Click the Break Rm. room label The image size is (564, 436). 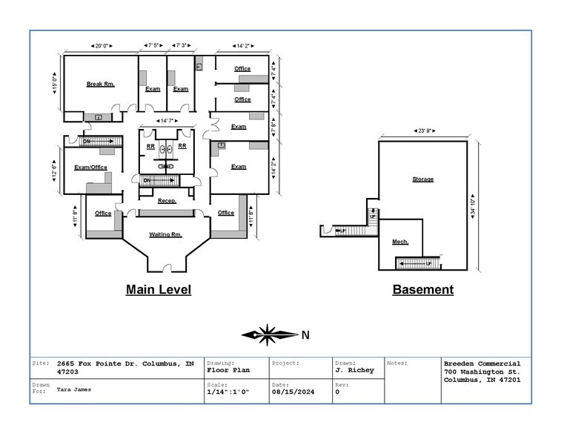[x=100, y=85]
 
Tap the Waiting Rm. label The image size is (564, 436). [x=165, y=235]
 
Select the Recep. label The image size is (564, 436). [x=166, y=201]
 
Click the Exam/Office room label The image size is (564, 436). [x=91, y=168]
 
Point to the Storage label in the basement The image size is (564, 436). [x=422, y=179]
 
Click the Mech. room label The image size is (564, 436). [x=400, y=242]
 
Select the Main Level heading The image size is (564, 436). [x=159, y=290]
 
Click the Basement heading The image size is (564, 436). [x=422, y=290]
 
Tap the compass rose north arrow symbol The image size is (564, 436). [x=269, y=335]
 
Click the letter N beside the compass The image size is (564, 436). [x=305, y=335]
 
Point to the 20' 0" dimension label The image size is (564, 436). [x=100, y=46]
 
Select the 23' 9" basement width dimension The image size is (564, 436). [x=422, y=131]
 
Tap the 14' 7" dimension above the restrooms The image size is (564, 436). [x=167, y=121]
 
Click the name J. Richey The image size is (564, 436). [x=354, y=370]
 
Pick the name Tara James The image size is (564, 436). [x=73, y=389]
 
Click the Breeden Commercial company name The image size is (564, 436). [x=482, y=363]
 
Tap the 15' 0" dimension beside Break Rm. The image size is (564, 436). [x=54, y=84]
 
